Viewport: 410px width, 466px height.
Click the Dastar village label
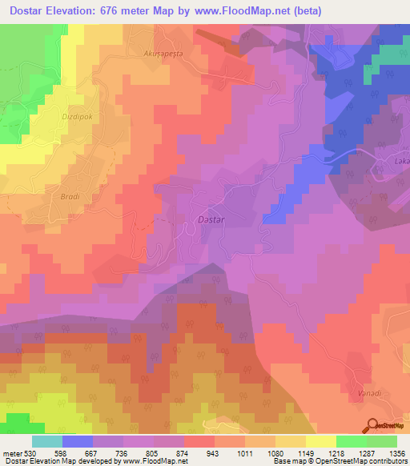(x=209, y=217)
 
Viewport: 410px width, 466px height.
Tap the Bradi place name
(x=82, y=195)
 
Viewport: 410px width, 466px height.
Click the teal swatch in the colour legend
(x=47, y=440)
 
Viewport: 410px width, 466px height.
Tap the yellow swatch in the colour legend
(x=321, y=440)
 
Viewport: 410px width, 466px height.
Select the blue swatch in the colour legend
(x=78, y=440)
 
